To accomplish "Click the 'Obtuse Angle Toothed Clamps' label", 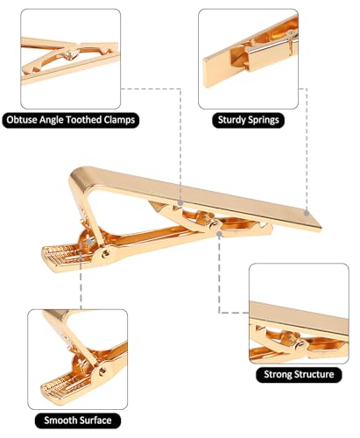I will click(72, 119).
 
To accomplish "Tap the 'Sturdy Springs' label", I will click(249, 119).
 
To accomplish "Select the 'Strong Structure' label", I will click(300, 375).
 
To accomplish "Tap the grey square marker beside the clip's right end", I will click(307, 210).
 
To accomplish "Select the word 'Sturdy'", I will click(230, 119).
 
